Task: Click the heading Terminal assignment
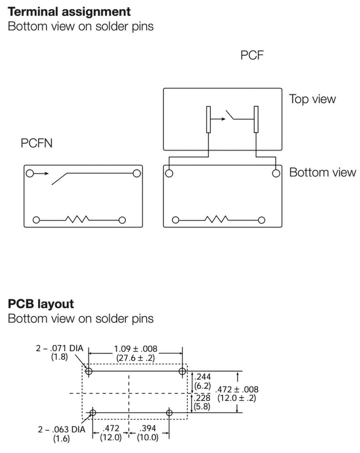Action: pyautogui.click(x=70, y=12)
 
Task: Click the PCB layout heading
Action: pyautogui.click(x=41, y=304)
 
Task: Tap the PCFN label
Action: pyautogui.click(x=36, y=144)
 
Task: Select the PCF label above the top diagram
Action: pyautogui.click(x=252, y=56)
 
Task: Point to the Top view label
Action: pyautogui.click(x=312, y=99)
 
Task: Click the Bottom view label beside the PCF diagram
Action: pyautogui.click(x=322, y=172)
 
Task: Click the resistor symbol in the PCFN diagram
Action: pyautogui.click(x=77, y=219)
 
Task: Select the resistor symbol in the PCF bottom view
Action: pyautogui.click(x=217, y=219)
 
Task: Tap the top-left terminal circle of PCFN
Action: pyautogui.click(x=30, y=173)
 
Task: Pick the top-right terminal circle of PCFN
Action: pyautogui.click(x=136, y=173)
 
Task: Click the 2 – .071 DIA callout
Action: pyautogui.click(x=60, y=349)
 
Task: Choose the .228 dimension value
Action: pyautogui.click(x=202, y=397)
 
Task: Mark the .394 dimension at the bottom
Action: pyautogui.click(x=148, y=429)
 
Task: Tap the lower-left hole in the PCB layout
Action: pyautogui.click(x=93, y=413)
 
